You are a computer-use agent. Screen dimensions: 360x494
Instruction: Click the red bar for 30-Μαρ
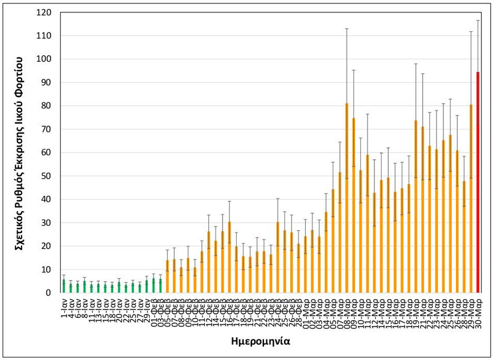[x=477, y=183]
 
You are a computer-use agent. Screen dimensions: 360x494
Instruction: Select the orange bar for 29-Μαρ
[x=471, y=198]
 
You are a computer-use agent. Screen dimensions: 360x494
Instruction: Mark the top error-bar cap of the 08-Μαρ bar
[x=347, y=28]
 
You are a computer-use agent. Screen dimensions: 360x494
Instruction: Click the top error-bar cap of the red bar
[x=477, y=20]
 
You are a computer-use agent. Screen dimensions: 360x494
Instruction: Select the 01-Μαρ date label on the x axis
[x=305, y=311]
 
